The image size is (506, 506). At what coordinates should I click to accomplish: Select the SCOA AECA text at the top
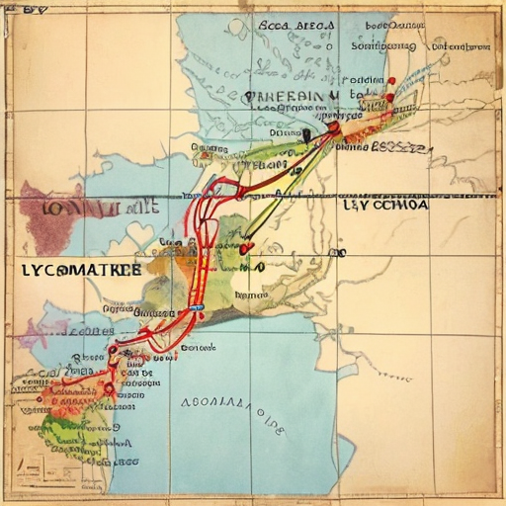296,28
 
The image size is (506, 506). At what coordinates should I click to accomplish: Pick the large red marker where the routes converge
333,126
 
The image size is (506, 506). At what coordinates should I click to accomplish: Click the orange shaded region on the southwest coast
54,390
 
